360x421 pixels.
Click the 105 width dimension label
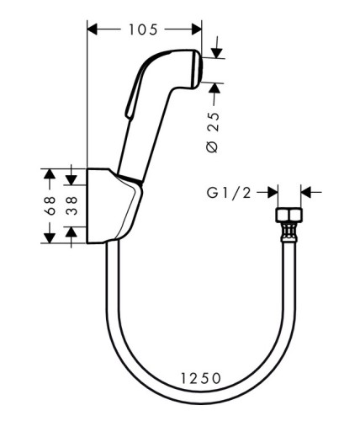point(145,30)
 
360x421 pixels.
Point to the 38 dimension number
point(71,205)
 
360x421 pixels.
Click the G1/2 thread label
point(228,193)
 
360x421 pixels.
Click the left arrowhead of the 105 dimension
point(93,30)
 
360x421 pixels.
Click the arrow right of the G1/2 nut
point(305,193)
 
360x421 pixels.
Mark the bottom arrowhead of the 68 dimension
point(49,237)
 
